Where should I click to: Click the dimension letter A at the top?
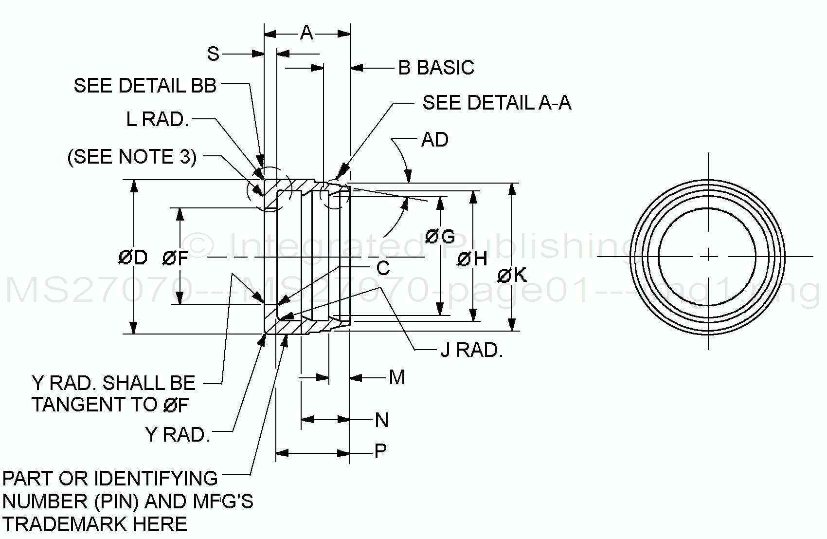(x=306, y=33)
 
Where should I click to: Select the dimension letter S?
(x=213, y=54)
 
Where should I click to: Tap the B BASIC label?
(x=436, y=68)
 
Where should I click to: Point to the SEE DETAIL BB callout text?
(x=145, y=86)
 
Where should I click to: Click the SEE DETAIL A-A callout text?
(x=497, y=103)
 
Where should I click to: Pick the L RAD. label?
(x=157, y=119)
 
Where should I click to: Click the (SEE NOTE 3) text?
(x=132, y=157)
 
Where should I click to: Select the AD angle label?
(x=434, y=140)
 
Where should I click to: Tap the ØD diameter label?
(x=133, y=258)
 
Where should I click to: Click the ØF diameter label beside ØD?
(x=175, y=258)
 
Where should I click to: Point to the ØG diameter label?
(x=440, y=237)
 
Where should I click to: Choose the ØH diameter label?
(x=472, y=259)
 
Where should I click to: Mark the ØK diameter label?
(x=512, y=276)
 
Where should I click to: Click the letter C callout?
(x=383, y=268)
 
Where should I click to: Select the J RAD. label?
(x=471, y=351)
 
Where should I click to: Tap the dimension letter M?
(x=397, y=377)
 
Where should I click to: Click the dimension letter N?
(x=382, y=420)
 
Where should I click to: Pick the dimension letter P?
(x=380, y=451)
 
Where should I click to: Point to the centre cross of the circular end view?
(x=708, y=256)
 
